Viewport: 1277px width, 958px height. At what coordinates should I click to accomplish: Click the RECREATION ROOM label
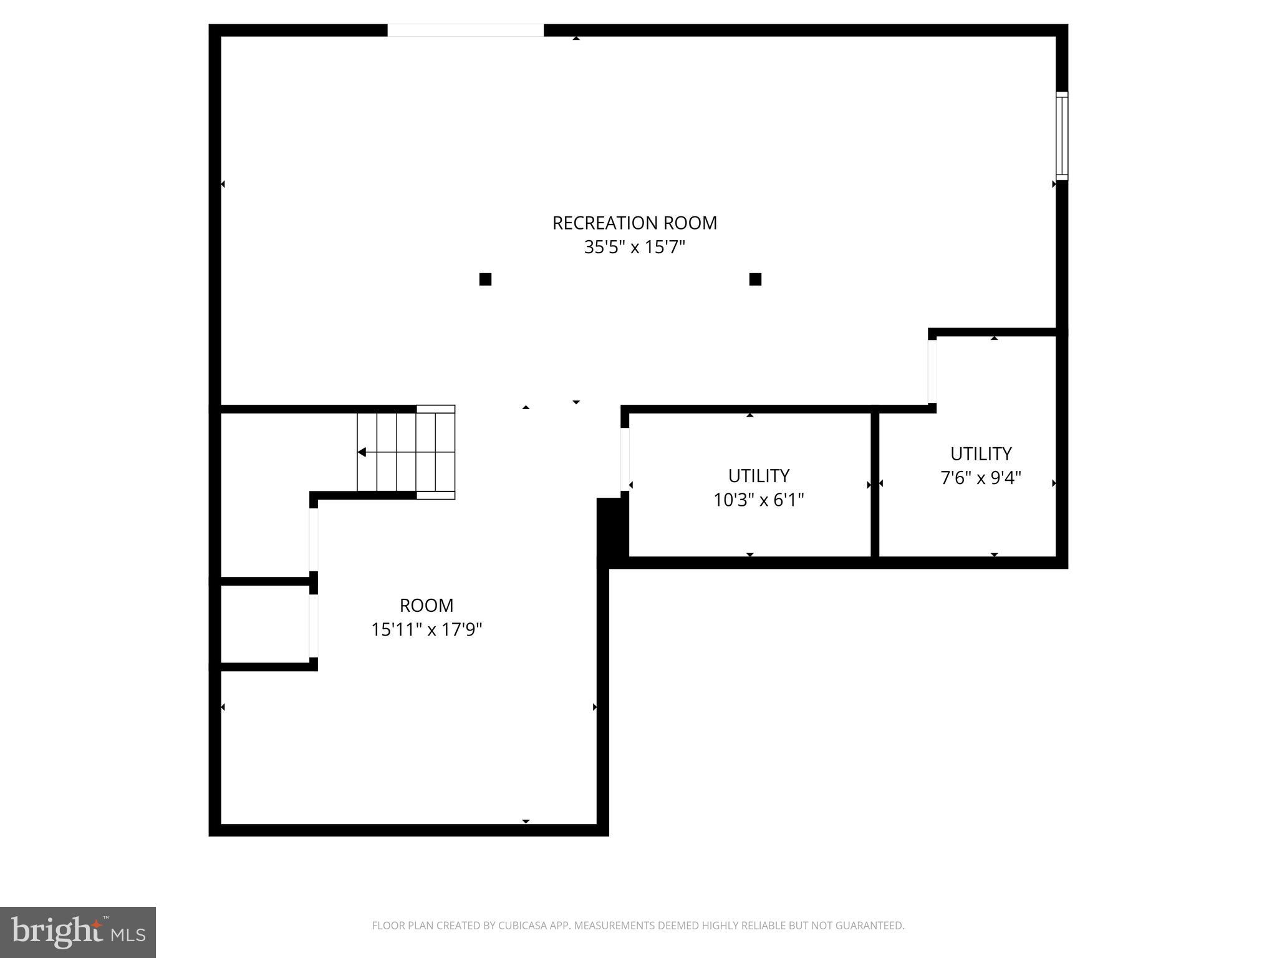tap(634, 223)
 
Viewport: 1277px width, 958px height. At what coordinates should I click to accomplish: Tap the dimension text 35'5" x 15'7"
tap(634, 248)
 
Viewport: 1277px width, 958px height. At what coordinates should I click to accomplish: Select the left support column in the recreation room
tap(485, 279)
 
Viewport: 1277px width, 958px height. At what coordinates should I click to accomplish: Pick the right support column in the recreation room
tap(755, 279)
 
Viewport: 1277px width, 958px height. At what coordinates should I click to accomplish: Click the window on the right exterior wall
tap(1061, 136)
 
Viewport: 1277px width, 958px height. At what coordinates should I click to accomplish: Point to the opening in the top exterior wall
tap(465, 30)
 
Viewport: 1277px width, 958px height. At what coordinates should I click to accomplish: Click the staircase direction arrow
tap(362, 452)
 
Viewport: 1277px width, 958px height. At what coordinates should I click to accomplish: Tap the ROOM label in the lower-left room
tap(426, 606)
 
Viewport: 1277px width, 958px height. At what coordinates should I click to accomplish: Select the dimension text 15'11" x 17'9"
tap(426, 630)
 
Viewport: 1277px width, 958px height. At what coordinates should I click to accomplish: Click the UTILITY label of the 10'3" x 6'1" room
tap(759, 476)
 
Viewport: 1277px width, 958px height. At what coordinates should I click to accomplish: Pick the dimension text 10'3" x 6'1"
tap(759, 500)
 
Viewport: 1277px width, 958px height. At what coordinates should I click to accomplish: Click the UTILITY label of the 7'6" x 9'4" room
tap(981, 453)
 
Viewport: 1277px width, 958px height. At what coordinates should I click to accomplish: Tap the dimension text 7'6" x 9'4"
tap(981, 478)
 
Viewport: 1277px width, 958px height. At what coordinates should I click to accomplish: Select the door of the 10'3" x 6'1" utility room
tap(625, 460)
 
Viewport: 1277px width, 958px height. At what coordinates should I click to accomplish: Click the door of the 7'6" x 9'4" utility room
tap(932, 372)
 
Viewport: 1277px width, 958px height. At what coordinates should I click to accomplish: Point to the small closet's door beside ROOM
tap(314, 626)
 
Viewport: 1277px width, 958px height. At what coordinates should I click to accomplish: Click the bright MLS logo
tap(78, 932)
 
